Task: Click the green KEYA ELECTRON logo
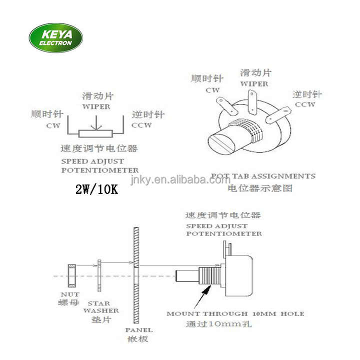pyautogui.click(x=56, y=38)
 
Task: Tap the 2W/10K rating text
pyautogui.click(x=96, y=189)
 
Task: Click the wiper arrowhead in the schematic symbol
pyautogui.click(x=96, y=127)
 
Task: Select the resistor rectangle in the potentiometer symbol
pyautogui.click(x=95, y=133)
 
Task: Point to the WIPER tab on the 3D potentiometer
pyautogui.click(x=252, y=102)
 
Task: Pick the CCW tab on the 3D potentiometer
pyautogui.click(x=278, y=115)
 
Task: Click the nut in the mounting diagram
pyautogui.click(x=71, y=275)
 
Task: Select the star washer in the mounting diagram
pyautogui.click(x=99, y=275)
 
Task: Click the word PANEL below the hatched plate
pyautogui.click(x=139, y=330)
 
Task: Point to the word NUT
pyautogui.click(x=70, y=294)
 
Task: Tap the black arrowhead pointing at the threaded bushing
pyautogui.click(x=207, y=290)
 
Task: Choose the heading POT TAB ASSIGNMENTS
pyautogui.click(x=263, y=176)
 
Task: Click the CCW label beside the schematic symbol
pyautogui.click(x=141, y=125)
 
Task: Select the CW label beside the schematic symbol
pyautogui.click(x=53, y=125)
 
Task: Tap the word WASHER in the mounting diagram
pyautogui.click(x=101, y=310)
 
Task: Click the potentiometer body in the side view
pyautogui.click(x=239, y=275)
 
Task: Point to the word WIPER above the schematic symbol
pyautogui.click(x=96, y=106)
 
